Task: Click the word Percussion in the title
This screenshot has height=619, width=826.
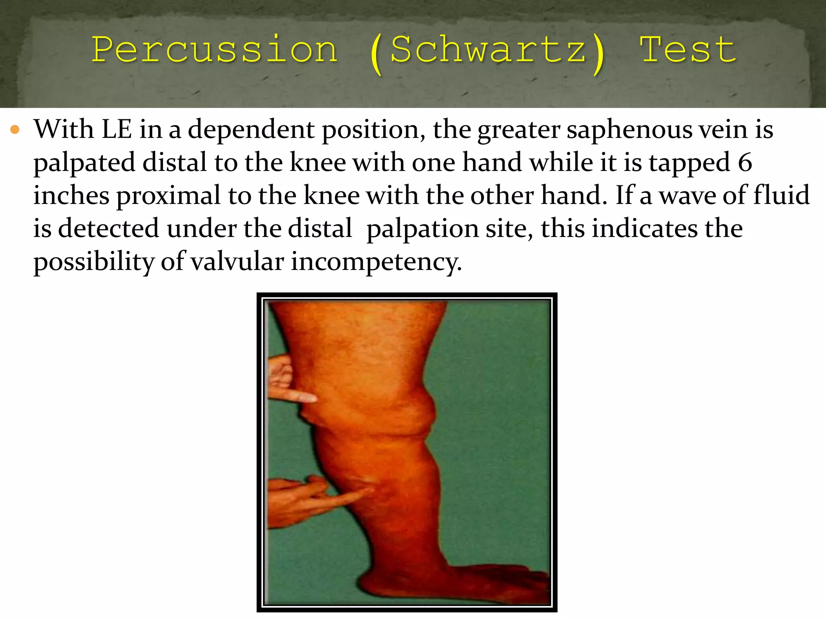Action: (x=214, y=50)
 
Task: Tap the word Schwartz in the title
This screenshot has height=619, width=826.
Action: (x=488, y=50)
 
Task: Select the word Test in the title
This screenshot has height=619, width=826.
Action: (x=688, y=50)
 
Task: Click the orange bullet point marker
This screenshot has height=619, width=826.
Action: (x=15, y=130)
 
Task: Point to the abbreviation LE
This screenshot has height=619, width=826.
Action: (x=117, y=130)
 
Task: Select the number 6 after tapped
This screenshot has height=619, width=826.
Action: (x=745, y=163)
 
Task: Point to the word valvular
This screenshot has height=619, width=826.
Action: (x=237, y=262)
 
